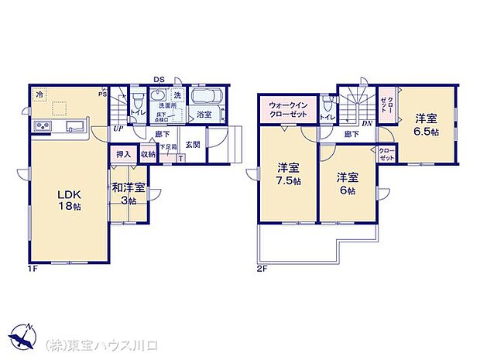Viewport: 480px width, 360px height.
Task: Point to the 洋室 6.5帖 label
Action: (x=425, y=125)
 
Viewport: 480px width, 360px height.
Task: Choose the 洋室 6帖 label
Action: (x=346, y=183)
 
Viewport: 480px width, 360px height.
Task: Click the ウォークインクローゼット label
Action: (x=288, y=109)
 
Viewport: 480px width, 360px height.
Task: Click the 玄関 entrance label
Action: (x=194, y=145)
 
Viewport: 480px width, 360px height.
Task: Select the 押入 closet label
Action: (x=124, y=155)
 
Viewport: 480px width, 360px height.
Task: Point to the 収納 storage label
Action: (x=148, y=155)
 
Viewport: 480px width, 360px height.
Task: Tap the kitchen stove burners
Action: (x=42, y=127)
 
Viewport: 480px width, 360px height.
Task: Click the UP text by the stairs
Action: (x=118, y=129)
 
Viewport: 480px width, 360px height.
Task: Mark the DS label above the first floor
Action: (x=158, y=79)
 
